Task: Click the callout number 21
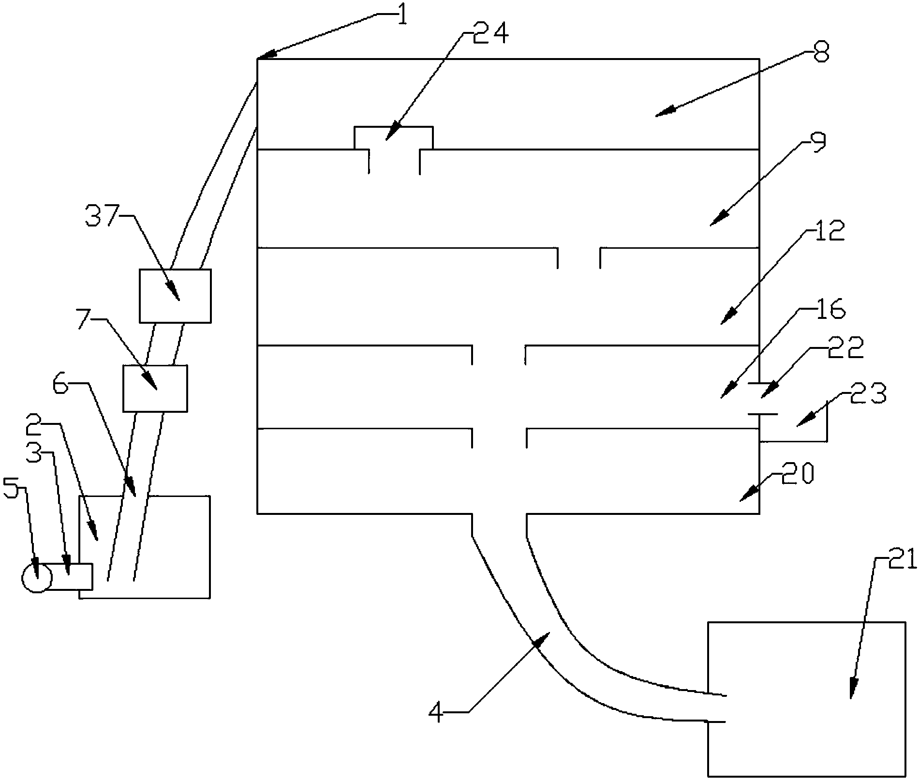point(904,561)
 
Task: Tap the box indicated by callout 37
point(175,296)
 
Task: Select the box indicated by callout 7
point(155,388)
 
